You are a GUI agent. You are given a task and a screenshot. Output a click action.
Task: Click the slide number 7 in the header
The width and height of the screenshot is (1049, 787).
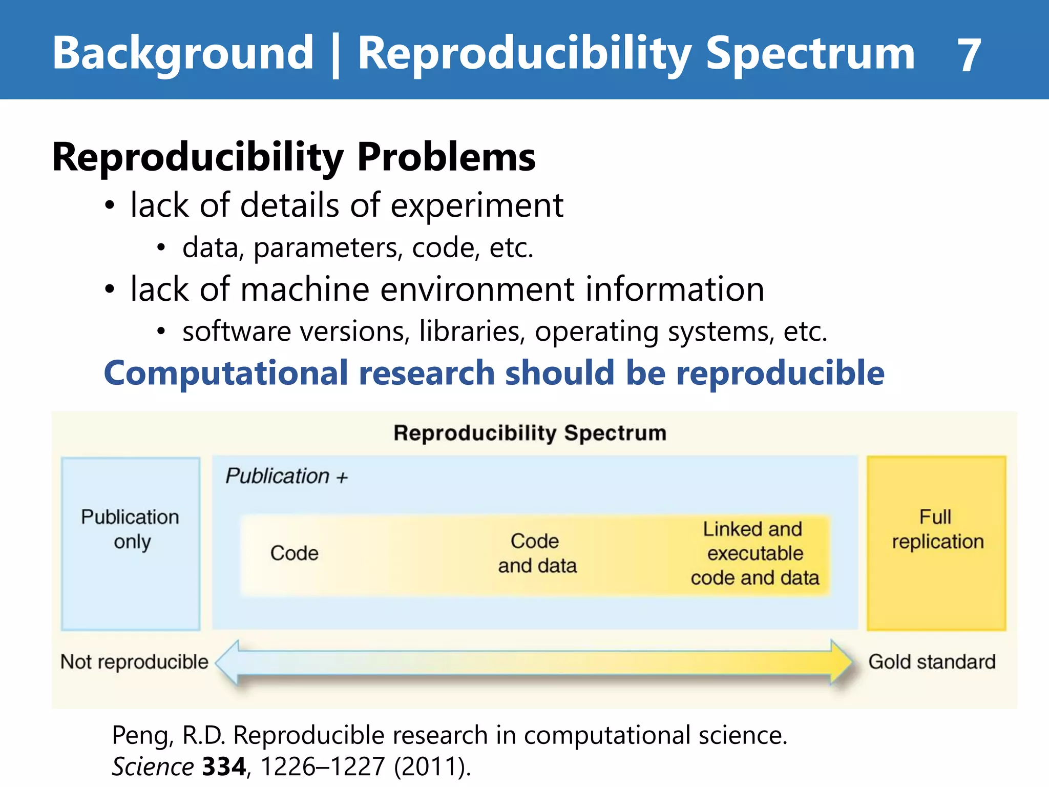(969, 55)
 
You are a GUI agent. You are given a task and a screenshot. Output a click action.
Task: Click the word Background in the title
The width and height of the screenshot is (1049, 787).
(183, 53)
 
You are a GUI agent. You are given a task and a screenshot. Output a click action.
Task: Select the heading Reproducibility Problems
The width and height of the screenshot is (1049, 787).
(293, 157)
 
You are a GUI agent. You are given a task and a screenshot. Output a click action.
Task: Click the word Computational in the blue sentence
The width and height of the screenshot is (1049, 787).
(226, 373)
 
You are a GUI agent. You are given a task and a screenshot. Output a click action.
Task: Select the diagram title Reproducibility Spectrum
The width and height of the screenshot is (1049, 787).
(530, 433)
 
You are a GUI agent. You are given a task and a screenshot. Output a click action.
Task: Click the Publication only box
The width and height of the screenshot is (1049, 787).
(131, 543)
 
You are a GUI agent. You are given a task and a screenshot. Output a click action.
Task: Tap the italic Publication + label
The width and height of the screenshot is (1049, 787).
(286, 477)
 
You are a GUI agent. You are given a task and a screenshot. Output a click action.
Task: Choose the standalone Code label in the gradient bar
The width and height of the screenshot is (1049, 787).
(294, 553)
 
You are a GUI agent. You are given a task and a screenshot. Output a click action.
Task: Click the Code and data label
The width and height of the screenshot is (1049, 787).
(537, 553)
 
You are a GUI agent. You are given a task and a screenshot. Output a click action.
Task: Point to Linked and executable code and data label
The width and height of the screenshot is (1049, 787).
(754, 553)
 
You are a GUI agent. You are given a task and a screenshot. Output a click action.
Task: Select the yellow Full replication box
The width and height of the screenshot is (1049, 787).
(937, 543)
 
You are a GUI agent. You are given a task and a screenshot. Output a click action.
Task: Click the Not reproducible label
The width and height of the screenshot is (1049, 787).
(134, 662)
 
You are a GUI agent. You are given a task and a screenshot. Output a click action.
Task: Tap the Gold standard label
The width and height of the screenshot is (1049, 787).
(931, 662)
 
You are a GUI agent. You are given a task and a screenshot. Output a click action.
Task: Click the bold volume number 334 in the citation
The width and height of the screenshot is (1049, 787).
(224, 768)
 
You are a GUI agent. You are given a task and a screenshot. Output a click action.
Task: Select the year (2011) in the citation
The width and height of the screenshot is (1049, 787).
(432, 768)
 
